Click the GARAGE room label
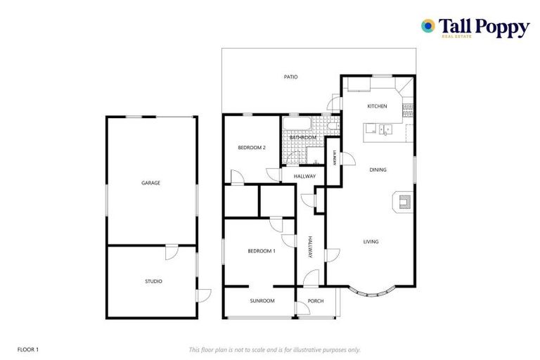pyautogui.click(x=151, y=183)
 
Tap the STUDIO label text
pyautogui.click(x=153, y=281)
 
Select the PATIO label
pyautogui.click(x=290, y=77)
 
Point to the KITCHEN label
pyautogui.click(x=377, y=106)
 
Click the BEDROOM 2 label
pyautogui.click(x=251, y=148)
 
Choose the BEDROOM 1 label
pyautogui.click(x=261, y=251)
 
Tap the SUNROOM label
pyautogui.click(x=262, y=301)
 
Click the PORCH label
pyautogui.click(x=316, y=301)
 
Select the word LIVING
pyautogui.click(x=371, y=242)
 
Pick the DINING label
pyautogui.click(x=378, y=169)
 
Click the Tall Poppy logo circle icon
pyautogui.click(x=427, y=26)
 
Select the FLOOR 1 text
pyautogui.click(x=28, y=349)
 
